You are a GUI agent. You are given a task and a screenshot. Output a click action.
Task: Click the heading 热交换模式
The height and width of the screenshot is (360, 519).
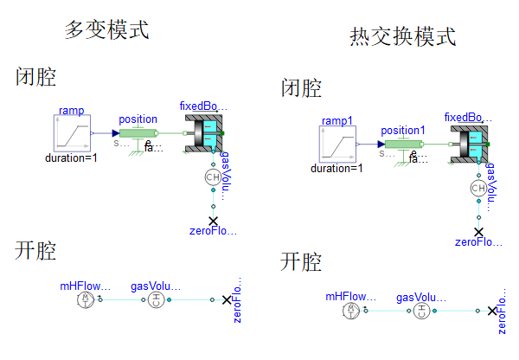(x=402, y=37)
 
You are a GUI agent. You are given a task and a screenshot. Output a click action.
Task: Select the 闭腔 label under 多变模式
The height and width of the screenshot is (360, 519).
(x=36, y=78)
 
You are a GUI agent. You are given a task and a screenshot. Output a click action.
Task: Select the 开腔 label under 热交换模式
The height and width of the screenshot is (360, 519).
(x=301, y=262)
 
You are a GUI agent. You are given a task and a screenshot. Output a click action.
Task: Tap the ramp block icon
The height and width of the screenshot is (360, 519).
(x=73, y=134)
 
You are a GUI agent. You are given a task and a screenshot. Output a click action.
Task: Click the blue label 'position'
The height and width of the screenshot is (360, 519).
(x=138, y=119)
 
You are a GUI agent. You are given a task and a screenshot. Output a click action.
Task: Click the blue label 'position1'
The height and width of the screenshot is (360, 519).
(x=403, y=130)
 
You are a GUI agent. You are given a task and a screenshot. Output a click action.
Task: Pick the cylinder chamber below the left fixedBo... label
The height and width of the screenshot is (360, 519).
(x=206, y=133)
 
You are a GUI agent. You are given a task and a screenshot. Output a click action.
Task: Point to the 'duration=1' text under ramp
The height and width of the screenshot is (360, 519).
(x=72, y=158)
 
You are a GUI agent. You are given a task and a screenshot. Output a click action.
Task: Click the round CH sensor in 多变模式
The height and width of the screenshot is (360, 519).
(x=213, y=177)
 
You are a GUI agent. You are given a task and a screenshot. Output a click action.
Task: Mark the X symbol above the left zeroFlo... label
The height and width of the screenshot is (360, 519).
(x=213, y=221)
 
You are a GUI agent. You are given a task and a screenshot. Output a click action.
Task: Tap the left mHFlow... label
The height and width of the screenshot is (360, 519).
(x=86, y=285)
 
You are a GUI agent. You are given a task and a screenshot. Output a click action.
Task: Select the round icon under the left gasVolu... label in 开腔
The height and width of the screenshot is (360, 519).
(x=156, y=299)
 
